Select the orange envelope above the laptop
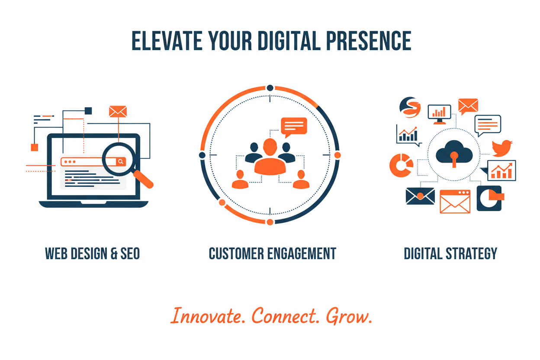[x=118, y=112]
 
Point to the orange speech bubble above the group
[x=294, y=126]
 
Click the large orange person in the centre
[x=270, y=158]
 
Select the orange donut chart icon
[x=401, y=165]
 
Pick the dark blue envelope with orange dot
[x=420, y=196]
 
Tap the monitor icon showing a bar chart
[x=439, y=114]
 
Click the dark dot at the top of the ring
[x=270, y=88]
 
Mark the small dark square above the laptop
[x=88, y=111]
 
